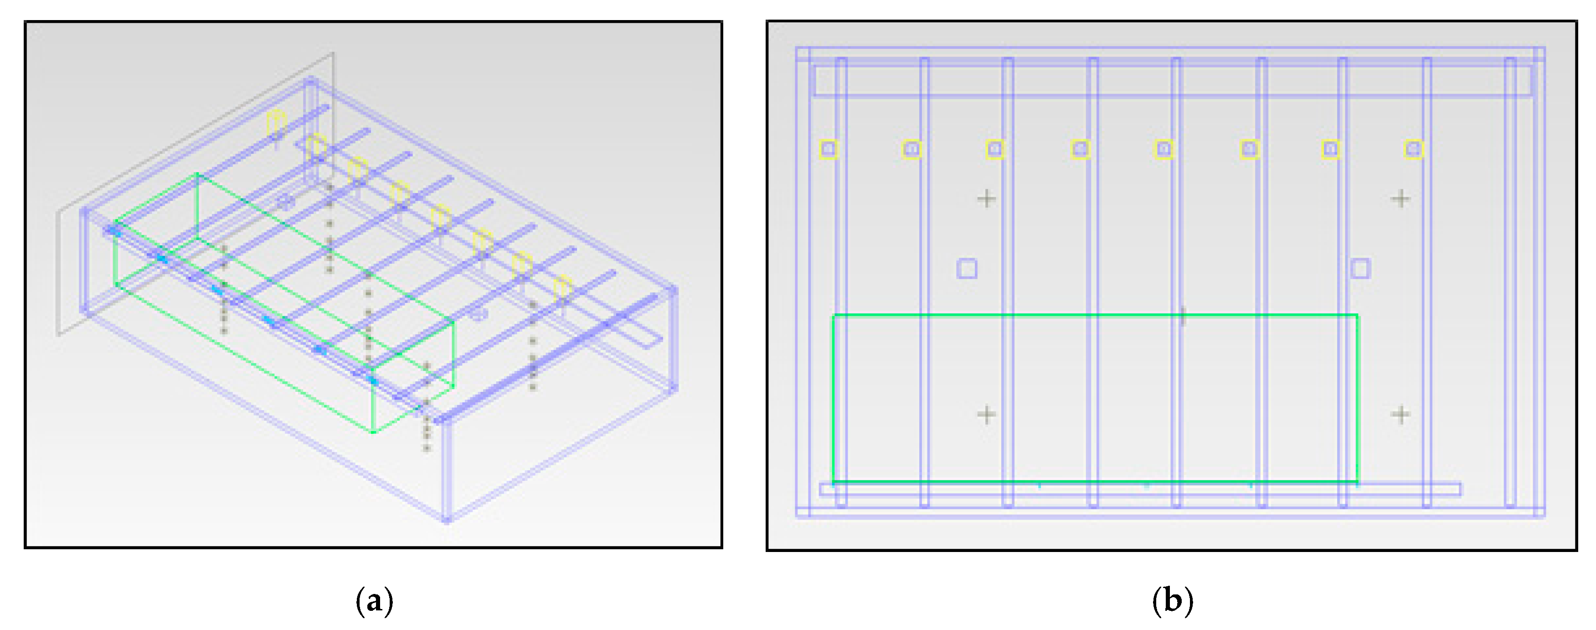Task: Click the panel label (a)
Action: pyautogui.click(x=375, y=601)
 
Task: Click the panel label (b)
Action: pyautogui.click(x=1173, y=601)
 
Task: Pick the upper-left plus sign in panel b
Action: pyautogui.click(x=986, y=199)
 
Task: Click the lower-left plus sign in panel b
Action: pyautogui.click(x=986, y=414)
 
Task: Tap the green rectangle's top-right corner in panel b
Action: pyautogui.click(x=1358, y=316)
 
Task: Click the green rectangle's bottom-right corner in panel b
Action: pyautogui.click(x=1358, y=481)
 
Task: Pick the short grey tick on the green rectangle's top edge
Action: pyautogui.click(x=1183, y=316)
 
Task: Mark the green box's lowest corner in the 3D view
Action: pyautogui.click(x=374, y=432)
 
